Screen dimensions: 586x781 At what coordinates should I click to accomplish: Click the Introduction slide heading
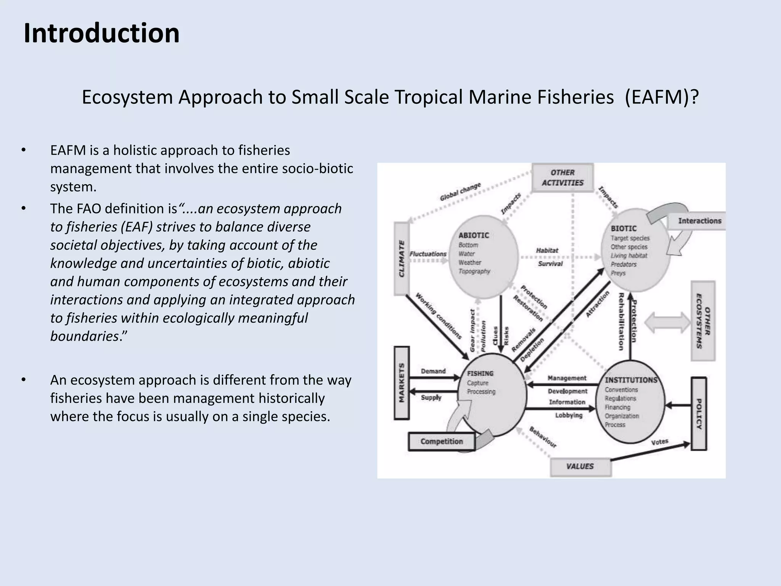[x=101, y=33]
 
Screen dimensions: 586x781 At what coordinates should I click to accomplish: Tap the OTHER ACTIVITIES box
[x=562, y=178]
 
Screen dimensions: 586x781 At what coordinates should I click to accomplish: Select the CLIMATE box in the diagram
[x=401, y=258]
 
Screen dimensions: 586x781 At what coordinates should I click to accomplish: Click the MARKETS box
[x=402, y=383]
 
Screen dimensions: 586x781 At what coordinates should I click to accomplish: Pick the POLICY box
[x=699, y=414]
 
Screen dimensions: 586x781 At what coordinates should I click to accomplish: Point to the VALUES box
[x=580, y=466]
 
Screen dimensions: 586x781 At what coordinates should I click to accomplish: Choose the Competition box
[x=442, y=441]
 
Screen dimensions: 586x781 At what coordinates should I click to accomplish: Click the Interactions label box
[x=699, y=221]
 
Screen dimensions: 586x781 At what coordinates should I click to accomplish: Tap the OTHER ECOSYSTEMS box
[x=703, y=321]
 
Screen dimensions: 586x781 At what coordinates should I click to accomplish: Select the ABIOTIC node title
[x=474, y=235]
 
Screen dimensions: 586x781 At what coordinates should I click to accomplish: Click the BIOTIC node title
[x=624, y=229]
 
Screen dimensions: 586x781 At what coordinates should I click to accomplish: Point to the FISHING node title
[x=480, y=373]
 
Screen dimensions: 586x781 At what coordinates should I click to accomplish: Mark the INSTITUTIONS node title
[x=631, y=380]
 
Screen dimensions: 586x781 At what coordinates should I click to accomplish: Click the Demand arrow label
[x=433, y=371]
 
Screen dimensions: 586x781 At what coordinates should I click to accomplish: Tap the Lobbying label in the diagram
[x=569, y=415]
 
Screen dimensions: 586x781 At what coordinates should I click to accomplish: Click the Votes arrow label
[x=659, y=442]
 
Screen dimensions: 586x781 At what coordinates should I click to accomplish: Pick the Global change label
[x=460, y=192]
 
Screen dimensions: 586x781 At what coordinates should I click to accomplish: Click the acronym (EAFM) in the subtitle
[x=662, y=97]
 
